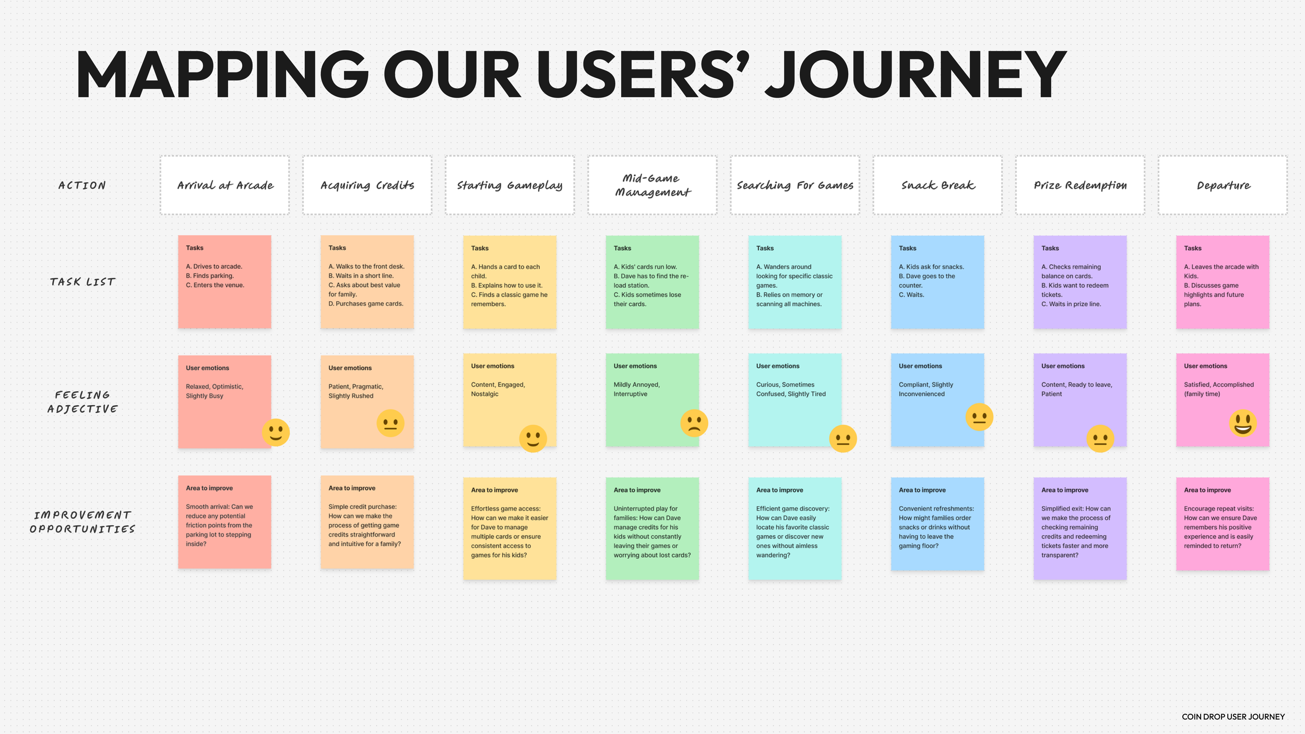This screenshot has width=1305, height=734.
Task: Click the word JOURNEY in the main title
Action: [916, 75]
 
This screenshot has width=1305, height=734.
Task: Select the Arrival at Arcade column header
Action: [225, 185]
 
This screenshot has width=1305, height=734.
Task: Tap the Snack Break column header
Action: [938, 185]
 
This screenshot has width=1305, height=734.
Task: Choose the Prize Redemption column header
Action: [1080, 185]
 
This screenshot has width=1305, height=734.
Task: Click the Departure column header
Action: [1223, 185]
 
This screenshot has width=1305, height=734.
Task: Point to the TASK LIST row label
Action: [82, 282]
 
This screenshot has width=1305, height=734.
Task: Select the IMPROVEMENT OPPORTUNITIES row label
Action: [82, 522]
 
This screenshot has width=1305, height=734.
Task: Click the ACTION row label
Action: [82, 185]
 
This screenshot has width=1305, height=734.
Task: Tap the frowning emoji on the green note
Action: [694, 423]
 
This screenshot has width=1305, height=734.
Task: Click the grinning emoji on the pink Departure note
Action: [1242, 423]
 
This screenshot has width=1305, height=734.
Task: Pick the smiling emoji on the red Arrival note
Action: [276, 432]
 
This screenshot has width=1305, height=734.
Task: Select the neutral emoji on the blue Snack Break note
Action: [979, 417]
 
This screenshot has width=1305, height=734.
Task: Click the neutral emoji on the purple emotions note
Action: [1100, 439]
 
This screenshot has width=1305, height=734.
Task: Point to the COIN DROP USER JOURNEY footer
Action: [1233, 717]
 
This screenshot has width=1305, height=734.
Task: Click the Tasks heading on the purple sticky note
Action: [1050, 248]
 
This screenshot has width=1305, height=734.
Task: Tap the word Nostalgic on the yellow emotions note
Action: [484, 394]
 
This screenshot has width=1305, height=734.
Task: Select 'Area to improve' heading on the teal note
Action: [779, 490]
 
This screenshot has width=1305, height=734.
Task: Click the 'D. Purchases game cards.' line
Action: [365, 304]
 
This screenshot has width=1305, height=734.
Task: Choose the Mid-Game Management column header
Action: [652, 185]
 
